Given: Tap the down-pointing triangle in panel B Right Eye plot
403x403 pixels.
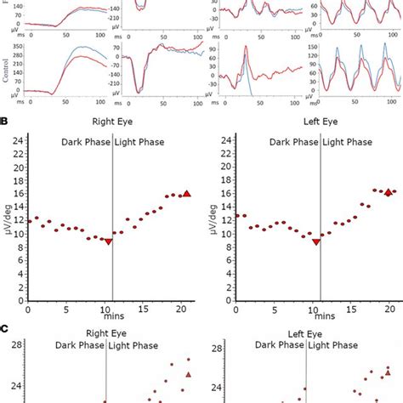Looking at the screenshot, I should tap(108, 241).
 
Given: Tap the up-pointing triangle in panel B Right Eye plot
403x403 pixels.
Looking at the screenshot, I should tap(187, 194).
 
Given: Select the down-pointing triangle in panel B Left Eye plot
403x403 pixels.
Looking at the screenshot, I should tap(316, 241).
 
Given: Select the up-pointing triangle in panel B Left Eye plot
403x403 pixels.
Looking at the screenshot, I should tap(388, 192).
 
